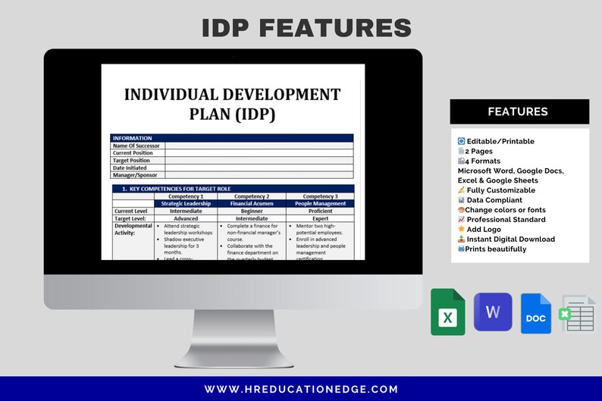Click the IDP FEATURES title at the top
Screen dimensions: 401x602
tap(306, 28)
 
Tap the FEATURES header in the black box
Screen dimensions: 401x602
tap(518, 111)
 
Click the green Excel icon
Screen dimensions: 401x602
tap(448, 312)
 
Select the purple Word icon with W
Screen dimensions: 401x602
tap(493, 312)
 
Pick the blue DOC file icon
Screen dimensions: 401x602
tap(536, 314)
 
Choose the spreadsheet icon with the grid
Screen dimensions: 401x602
tap(578, 314)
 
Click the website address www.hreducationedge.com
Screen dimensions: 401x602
tap(301, 389)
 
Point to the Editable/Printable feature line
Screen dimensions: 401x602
tap(500, 141)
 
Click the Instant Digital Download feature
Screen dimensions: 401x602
tap(510, 239)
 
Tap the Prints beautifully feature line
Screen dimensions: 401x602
tap(495, 249)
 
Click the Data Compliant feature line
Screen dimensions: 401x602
tap(494, 200)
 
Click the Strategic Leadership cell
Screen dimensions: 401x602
tap(187, 203)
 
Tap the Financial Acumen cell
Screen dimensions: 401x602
tap(252, 203)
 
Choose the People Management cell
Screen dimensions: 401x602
tap(320, 203)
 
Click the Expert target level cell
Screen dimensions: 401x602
tap(320, 218)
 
